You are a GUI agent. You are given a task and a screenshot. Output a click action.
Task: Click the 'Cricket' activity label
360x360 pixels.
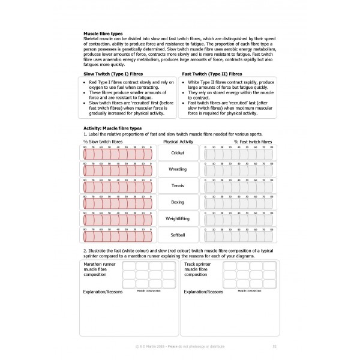tap(178, 153)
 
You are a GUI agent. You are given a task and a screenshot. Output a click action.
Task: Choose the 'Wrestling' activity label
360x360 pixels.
tap(178, 170)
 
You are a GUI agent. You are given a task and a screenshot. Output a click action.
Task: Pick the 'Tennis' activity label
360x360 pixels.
tap(178, 186)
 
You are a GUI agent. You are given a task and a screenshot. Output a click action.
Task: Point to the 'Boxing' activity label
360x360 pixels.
tap(178, 203)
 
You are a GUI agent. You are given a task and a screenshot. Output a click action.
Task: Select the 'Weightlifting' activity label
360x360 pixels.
tap(178, 219)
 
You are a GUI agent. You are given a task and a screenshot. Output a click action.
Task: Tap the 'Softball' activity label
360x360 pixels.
tap(178, 236)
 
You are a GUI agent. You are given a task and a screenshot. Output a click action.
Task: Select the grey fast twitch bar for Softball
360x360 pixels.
tap(239, 237)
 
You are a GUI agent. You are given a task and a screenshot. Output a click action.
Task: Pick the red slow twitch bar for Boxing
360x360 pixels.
tap(118, 204)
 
